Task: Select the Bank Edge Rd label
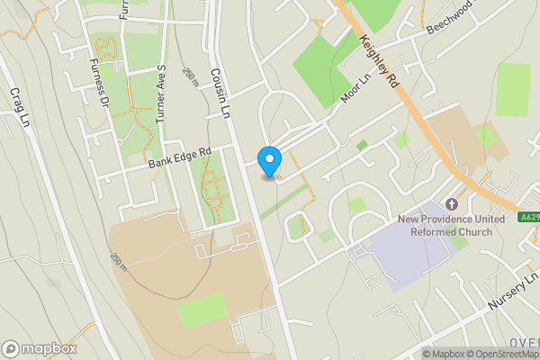pyautogui.click(x=179, y=158)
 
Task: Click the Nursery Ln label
pyautogui.click(x=512, y=294)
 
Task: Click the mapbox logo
pyautogui.click(x=40, y=348)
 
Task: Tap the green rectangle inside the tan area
pyautogui.click(x=202, y=310)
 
